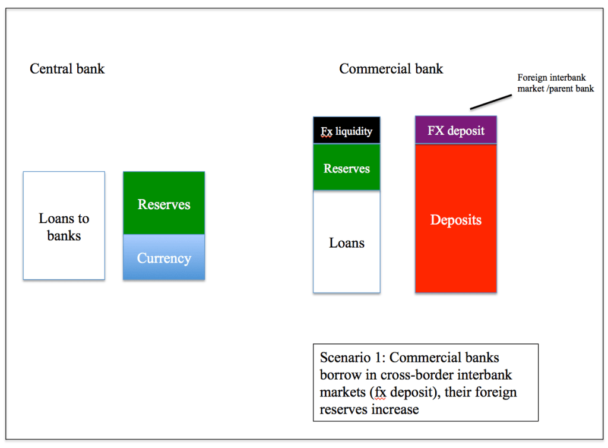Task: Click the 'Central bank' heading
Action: (67, 69)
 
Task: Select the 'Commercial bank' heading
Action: (391, 69)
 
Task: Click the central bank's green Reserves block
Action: (164, 204)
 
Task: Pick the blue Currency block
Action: (164, 257)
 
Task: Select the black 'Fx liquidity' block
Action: (347, 130)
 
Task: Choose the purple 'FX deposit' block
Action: (455, 130)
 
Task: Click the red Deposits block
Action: (455, 219)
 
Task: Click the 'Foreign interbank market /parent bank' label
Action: (555, 83)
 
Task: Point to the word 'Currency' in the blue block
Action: (164, 258)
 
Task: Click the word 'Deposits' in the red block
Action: (455, 220)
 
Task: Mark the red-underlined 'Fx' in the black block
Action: (327, 131)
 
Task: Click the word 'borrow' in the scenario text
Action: (339, 375)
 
